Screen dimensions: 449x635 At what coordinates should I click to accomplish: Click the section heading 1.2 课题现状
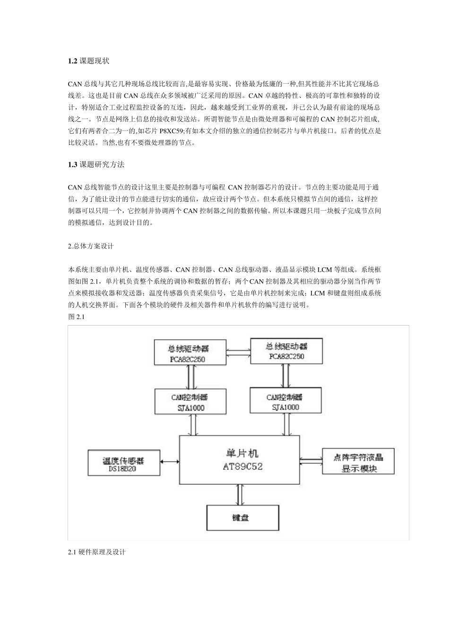(x=89, y=61)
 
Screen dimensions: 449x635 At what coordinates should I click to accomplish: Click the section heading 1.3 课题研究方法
(x=96, y=164)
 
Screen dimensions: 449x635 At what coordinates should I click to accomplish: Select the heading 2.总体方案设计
(x=91, y=246)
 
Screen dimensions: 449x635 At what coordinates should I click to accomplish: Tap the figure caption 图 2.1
(x=76, y=317)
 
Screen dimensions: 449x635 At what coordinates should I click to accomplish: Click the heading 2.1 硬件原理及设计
(x=96, y=551)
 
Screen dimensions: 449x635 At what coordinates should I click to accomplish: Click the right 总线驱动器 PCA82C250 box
(x=286, y=351)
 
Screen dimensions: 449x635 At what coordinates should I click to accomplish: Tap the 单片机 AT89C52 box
(x=240, y=460)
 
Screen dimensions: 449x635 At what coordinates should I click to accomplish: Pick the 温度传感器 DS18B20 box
(x=123, y=463)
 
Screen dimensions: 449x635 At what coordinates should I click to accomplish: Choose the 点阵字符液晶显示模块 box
(x=358, y=462)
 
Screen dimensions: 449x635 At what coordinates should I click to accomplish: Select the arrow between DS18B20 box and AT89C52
(x=169, y=462)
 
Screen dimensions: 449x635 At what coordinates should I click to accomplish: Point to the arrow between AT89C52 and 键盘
(x=240, y=495)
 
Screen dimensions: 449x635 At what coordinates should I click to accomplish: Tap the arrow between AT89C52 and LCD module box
(x=311, y=460)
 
